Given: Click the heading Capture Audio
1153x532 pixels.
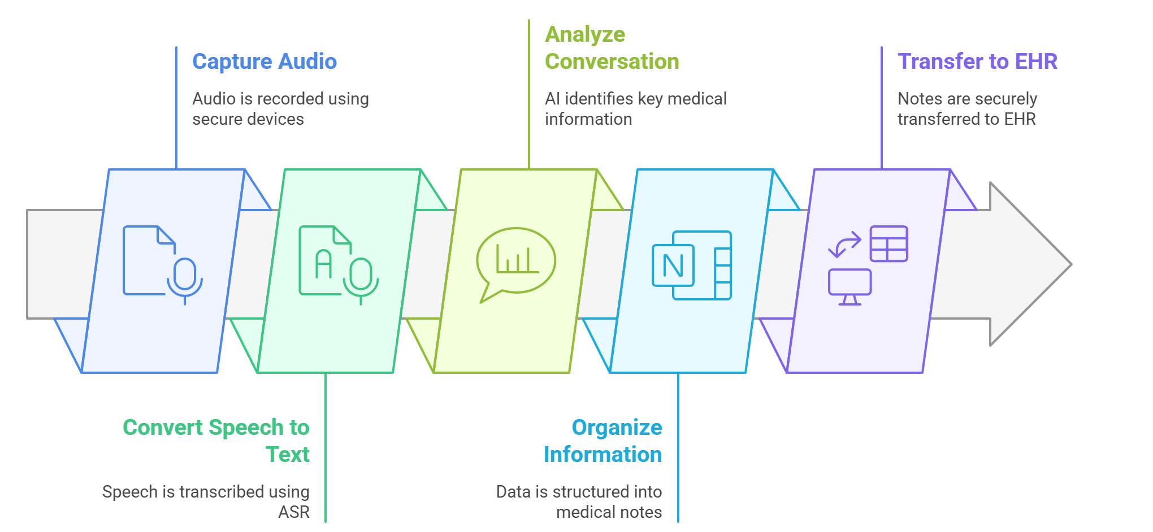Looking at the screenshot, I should point(264,62).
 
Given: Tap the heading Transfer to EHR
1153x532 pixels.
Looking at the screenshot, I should point(977,62).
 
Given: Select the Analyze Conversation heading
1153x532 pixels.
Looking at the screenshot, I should point(612,48).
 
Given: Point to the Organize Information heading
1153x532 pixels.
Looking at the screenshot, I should point(603,441).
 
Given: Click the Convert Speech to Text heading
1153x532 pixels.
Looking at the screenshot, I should point(216,441).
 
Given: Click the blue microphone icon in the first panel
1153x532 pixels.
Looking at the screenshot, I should point(185,278).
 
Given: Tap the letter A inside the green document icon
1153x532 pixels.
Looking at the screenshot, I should point(323,264).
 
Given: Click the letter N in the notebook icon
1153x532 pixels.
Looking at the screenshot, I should point(673,265).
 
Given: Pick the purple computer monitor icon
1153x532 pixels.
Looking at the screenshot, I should point(849,286).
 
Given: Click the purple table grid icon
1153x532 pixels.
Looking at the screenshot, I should point(888,244).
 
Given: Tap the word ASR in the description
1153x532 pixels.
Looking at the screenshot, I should point(294,512).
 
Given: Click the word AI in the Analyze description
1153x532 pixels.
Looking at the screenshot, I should point(552,99).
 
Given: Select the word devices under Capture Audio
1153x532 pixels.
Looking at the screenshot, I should point(279,119).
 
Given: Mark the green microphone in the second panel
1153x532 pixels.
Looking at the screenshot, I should point(361,278).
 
